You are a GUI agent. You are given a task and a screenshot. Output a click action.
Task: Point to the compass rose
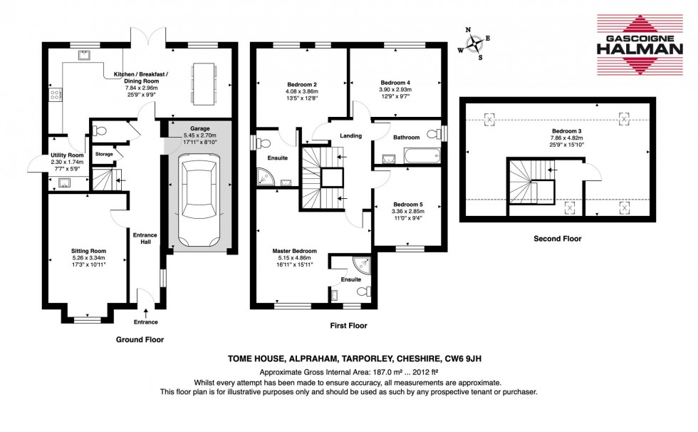tap(474, 43)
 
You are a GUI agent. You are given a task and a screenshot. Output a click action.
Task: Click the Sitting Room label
tap(88, 251)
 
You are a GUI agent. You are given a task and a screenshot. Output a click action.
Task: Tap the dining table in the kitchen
tap(203, 81)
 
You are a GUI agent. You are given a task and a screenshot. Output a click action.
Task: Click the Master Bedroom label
tap(294, 251)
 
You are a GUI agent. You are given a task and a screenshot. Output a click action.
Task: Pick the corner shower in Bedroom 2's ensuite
tap(265, 173)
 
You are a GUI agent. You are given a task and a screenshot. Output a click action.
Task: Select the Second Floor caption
tap(557, 239)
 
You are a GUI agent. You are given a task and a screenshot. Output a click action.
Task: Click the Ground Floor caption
tap(140, 340)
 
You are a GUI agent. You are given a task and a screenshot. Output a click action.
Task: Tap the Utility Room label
tap(67, 155)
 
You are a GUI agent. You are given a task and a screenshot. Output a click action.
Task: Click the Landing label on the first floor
tap(350, 135)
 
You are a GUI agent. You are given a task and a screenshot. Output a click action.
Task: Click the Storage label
tap(105, 154)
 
